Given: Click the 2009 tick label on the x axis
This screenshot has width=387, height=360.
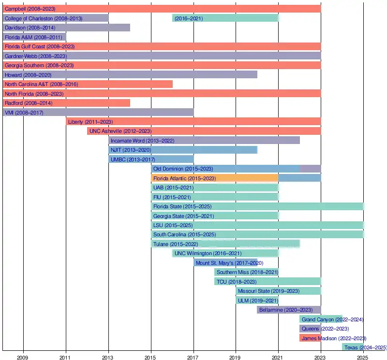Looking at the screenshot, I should pyautogui.click(x=23, y=357).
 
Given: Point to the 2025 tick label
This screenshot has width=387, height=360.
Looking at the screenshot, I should pyautogui.click(x=363, y=357).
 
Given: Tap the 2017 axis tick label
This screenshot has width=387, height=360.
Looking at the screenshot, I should pyautogui.click(x=193, y=357).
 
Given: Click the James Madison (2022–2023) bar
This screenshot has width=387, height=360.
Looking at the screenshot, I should pyautogui.click(x=310, y=338).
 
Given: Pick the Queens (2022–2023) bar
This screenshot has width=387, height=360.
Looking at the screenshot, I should pyautogui.click(x=310, y=329).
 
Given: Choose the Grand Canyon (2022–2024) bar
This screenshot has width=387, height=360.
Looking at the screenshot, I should pyautogui.click(x=321, y=319).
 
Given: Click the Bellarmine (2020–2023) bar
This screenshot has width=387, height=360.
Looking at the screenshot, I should pyautogui.click(x=289, y=310).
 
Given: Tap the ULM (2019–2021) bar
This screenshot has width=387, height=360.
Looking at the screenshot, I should pyautogui.click(x=257, y=301).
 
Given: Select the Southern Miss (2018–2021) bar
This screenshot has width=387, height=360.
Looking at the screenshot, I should pyautogui.click(x=246, y=272).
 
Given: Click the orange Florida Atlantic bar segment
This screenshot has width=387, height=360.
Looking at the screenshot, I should pyautogui.click(x=214, y=178).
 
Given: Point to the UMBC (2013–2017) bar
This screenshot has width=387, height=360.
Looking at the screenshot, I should pyautogui.click(x=151, y=159).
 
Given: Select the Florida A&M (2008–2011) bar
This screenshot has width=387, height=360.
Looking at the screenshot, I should pyautogui.click(x=34, y=37).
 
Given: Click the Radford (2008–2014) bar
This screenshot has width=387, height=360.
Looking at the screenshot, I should pyautogui.click(x=66, y=103).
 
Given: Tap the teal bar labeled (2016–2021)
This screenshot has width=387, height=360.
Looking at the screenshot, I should pyautogui.click(x=225, y=18).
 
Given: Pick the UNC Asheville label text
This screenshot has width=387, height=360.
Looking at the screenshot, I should pyautogui.click(x=120, y=131).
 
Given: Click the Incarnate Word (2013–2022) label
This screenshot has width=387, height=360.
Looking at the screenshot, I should pyautogui.click(x=142, y=141).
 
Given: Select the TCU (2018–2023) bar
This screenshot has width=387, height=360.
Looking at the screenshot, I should pyautogui.click(x=268, y=282).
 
